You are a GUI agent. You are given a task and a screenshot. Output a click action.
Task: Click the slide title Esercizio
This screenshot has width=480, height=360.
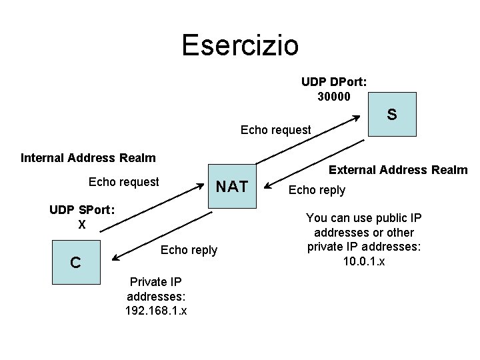(x=240, y=45)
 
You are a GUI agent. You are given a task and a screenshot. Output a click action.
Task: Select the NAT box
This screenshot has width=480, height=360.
(x=232, y=186)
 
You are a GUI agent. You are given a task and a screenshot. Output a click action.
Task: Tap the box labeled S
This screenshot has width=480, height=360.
(x=393, y=115)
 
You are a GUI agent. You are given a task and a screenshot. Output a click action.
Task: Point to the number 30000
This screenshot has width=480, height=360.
(x=333, y=96)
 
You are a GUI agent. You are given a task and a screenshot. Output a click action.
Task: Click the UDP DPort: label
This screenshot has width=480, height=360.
(x=334, y=82)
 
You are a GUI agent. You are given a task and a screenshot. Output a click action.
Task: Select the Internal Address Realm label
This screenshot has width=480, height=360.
(x=88, y=158)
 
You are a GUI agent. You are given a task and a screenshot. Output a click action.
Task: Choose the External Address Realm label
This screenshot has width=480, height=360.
(x=399, y=170)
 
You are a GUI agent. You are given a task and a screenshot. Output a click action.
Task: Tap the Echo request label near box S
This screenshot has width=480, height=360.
(x=275, y=130)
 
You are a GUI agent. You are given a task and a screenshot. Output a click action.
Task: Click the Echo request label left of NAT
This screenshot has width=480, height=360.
(x=124, y=181)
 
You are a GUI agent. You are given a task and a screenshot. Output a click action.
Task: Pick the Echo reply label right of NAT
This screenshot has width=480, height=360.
(x=317, y=190)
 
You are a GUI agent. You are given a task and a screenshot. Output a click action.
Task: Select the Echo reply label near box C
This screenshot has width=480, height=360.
(x=189, y=250)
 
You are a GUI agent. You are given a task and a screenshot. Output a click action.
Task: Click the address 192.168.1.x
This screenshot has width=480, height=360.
(x=155, y=310)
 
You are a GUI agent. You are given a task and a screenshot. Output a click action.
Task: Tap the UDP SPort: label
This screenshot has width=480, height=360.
(x=82, y=210)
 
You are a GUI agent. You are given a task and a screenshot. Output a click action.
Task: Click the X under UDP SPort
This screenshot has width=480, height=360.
(x=82, y=225)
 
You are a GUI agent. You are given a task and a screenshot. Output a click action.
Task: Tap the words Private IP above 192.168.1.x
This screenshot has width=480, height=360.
(x=155, y=281)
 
